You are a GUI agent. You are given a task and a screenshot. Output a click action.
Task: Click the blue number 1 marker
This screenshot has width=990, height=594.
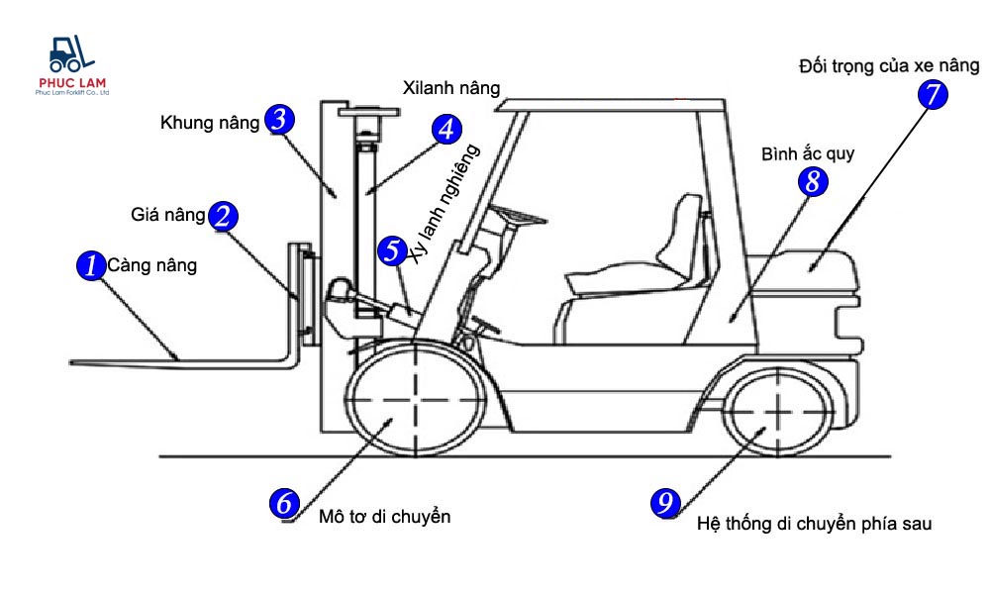(x=90, y=265)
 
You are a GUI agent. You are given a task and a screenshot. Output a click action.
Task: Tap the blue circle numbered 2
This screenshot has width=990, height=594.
(x=223, y=216)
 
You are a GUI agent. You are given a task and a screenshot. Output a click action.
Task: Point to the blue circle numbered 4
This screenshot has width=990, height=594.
(x=446, y=129)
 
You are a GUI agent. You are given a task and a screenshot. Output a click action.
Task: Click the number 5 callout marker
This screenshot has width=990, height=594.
(x=393, y=250)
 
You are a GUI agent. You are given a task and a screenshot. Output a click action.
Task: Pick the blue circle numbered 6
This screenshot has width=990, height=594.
(x=284, y=503)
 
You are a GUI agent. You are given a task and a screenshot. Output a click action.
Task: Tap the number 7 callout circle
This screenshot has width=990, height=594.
(x=933, y=94)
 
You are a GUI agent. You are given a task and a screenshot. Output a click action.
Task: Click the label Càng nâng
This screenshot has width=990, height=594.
(x=152, y=265)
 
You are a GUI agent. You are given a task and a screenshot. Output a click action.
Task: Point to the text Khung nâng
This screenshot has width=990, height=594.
(x=208, y=123)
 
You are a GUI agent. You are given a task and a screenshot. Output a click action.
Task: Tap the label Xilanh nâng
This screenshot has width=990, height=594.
(x=451, y=87)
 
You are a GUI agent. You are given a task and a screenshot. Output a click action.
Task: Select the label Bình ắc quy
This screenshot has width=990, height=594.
(x=808, y=154)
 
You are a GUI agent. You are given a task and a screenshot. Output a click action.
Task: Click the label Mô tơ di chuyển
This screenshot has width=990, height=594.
(x=385, y=517)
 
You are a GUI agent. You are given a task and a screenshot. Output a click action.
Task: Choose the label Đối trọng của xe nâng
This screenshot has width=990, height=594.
(x=889, y=66)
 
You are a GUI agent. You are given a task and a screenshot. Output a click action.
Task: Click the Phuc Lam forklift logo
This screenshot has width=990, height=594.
(x=71, y=66)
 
